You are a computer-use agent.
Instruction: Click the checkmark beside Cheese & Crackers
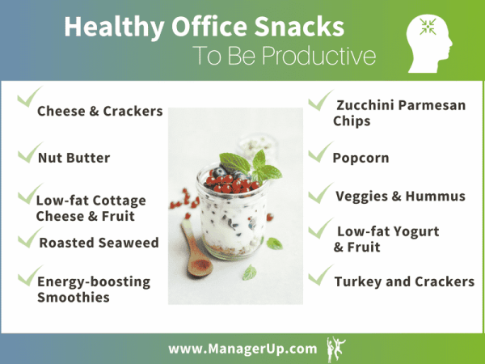click(27, 100)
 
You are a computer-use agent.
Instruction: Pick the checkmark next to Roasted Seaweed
click(29, 236)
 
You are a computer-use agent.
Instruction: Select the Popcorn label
click(361, 158)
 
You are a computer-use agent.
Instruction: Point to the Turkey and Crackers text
click(403, 281)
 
